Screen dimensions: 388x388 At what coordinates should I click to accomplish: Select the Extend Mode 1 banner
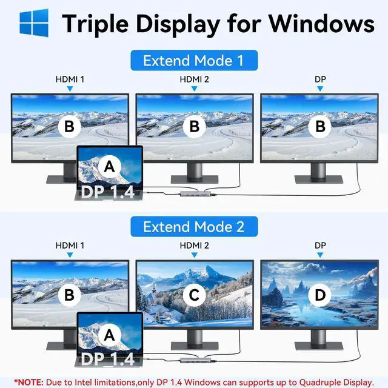(x=194, y=61)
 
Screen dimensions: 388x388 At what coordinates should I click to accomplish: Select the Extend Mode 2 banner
(x=194, y=227)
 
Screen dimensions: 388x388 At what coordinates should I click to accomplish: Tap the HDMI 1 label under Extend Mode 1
(x=70, y=79)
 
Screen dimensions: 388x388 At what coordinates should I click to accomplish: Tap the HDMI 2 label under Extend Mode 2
(x=194, y=246)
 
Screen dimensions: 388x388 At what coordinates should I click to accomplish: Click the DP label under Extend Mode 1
(x=319, y=79)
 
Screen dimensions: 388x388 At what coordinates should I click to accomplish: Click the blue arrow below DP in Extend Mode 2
(x=319, y=255)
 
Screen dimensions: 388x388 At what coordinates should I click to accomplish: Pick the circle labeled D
(x=319, y=295)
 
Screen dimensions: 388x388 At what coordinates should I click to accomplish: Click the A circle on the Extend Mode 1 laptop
(x=109, y=165)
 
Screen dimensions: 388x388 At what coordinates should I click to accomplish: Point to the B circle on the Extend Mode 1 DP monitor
(x=319, y=127)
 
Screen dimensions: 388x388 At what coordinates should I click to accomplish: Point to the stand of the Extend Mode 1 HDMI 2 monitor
(x=194, y=172)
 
